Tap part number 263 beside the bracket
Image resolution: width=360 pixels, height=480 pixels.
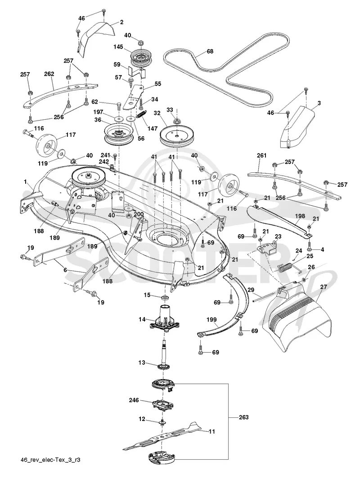243,417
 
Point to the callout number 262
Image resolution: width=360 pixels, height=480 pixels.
49,74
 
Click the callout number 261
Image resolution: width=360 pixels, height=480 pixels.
261,155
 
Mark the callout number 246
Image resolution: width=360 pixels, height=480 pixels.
134,400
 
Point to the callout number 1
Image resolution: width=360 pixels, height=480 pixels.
25,181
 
